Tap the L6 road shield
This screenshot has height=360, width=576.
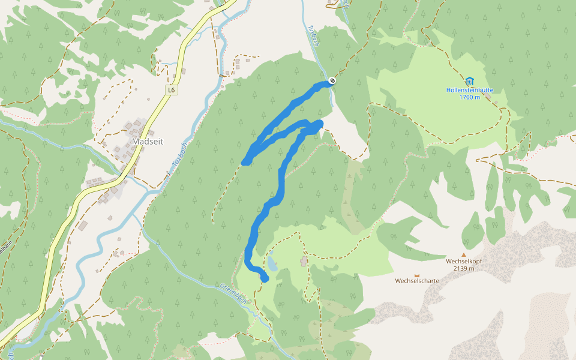click(x=172, y=90)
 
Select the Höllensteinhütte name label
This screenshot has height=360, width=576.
click(x=470, y=90)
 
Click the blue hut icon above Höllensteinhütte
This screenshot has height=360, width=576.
click(x=469, y=80)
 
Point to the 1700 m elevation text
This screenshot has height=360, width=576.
click(x=470, y=97)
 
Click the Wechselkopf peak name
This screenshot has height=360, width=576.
click(x=464, y=262)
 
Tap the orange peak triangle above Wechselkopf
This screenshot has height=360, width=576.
click(x=463, y=254)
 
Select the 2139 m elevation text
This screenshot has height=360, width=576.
click(x=464, y=269)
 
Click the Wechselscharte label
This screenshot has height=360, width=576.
click(x=417, y=281)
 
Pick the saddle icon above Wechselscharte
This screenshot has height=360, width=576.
click(x=417, y=274)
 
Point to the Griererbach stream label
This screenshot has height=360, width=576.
click(x=233, y=293)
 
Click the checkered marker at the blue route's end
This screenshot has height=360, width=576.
click(x=332, y=82)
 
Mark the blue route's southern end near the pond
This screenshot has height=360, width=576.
click(x=265, y=278)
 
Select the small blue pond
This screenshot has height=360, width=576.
click(x=272, y=263)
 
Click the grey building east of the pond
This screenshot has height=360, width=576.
click(x=304, y=261)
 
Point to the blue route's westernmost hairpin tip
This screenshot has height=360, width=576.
click(x=245, y=161)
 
